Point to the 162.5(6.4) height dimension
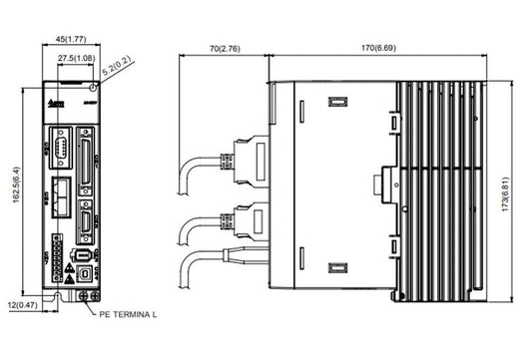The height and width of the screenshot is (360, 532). (x=13, y=186)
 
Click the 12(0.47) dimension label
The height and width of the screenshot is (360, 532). (x=22, y=304)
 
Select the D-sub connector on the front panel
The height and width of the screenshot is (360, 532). (x=59, y=152)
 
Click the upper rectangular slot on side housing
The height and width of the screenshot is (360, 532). (x=335, y=102)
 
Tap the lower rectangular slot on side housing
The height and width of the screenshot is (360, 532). (x=335, y=267)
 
